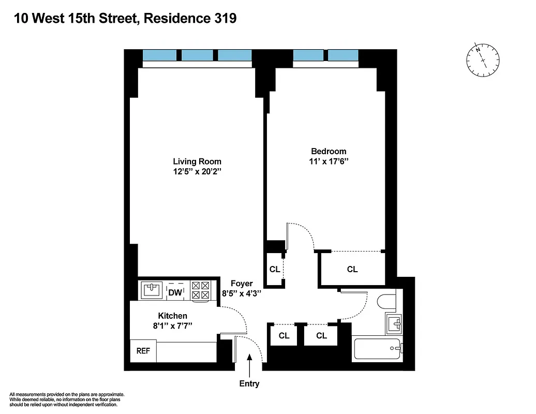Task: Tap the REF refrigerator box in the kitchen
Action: pyautogui.click(x=143, y=351)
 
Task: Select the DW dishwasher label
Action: pyautogui.click(x=175, y=293)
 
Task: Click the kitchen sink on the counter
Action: pyautogui.click(x=152, y=290)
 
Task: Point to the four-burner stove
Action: pyautogui.click(x=201, y=290)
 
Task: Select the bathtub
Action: pyautogui.click(x=377, y=349)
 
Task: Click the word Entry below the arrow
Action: pyautogui.click(x=249, y=384)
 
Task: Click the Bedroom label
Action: pyautogui.click(x=329, y=151)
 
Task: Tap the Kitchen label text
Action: pyautogui.click(x=172, y=316)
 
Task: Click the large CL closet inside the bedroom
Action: pyautogui.click(x=352, y=269)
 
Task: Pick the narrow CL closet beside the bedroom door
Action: pyautogui.click(x=275, y=269)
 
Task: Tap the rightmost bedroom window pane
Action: pyautogui.click(x=343, y=55)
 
